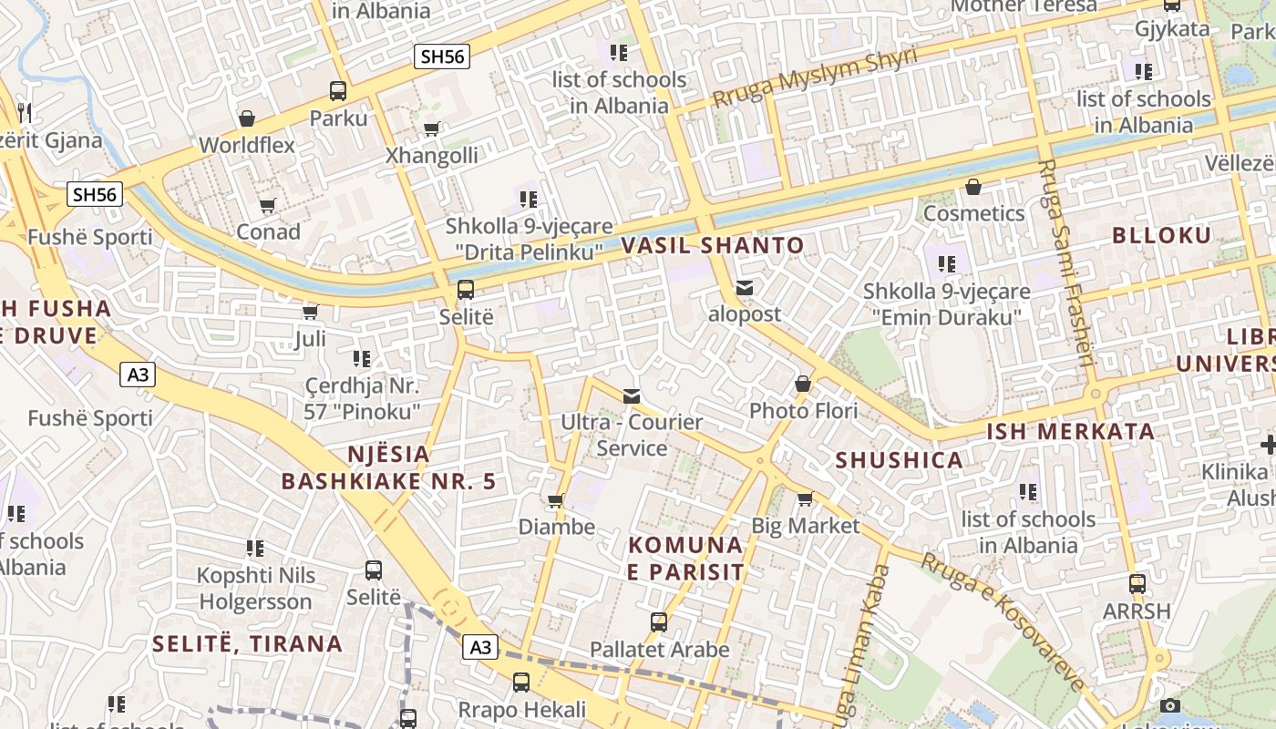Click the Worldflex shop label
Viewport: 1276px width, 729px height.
point(247,145)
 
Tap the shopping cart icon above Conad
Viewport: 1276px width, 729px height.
point(267,206)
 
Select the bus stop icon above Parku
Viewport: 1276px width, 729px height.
point(338,91)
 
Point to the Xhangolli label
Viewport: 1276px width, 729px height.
point(431,155)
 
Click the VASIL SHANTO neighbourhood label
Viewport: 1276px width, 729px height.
point(713,245)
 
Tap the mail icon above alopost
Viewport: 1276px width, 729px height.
point(745,289)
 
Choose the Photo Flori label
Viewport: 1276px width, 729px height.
point(803,411)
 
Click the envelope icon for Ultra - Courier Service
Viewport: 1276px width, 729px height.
point(631,395)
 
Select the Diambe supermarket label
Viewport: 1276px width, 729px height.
point(556,527)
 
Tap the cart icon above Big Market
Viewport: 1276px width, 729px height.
point(805,499)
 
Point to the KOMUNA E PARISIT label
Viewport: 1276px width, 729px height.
point(686,559)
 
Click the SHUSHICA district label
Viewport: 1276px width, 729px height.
point(900,460)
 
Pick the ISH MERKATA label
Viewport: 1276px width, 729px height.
point(1071,431)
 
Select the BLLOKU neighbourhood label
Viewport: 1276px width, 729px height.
point(1161,236)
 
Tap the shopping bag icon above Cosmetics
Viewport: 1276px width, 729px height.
point(973,188)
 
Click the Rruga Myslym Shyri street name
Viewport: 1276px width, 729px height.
point(815,77)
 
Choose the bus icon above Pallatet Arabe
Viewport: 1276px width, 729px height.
point(659,623)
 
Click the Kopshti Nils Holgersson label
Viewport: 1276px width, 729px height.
point(256,589)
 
